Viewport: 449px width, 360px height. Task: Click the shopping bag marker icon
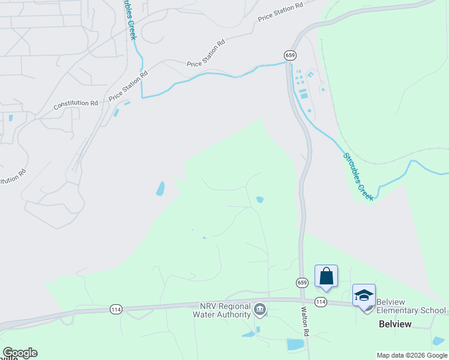(327, 276)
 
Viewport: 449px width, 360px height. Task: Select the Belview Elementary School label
(411, 310)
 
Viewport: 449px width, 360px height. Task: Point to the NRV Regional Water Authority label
(221, 310)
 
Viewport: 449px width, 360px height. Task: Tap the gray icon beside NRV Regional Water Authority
(260, 310)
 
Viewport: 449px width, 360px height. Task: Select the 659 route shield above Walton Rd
(303, 282)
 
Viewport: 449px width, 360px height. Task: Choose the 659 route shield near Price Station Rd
(291, 55)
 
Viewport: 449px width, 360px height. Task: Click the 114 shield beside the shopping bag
(321, 302)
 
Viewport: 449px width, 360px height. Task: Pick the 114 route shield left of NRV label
(116, 309)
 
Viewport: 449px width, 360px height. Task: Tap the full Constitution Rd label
(76, 104)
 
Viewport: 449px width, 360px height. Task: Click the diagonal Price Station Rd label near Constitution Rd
(128, 87)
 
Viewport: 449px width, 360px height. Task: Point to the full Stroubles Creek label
(358, 176)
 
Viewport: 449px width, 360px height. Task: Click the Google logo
(20, 353)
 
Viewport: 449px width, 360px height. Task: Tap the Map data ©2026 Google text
(411, 355)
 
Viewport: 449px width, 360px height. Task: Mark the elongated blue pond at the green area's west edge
(160, 189)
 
